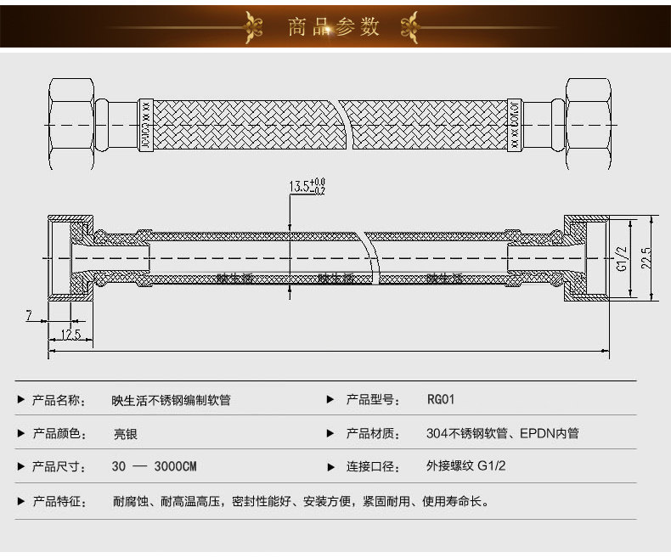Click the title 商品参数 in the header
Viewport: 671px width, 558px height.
pyautogui.click(x=334, y=26)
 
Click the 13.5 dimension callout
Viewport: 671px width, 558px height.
pyautogui.click(x=307, y=185)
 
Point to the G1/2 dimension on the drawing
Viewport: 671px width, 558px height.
pyautogui.click(x=622, y=258)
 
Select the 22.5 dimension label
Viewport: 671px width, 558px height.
pyautogui.click(x=646, y=257)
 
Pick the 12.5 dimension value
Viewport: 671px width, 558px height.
pyautogui.click(x=70, y=335)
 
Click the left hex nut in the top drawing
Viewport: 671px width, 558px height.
pyautogui.click(x=70, y=124)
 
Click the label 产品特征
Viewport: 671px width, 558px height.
pyautogui.click(x=59, y=502)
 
